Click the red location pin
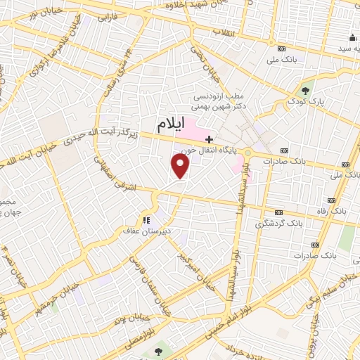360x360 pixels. (x=181, y=166)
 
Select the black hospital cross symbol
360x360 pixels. (x=209, y=139)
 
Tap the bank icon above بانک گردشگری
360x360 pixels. (x=279, y=212)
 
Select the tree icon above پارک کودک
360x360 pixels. (x=305, y=90)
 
